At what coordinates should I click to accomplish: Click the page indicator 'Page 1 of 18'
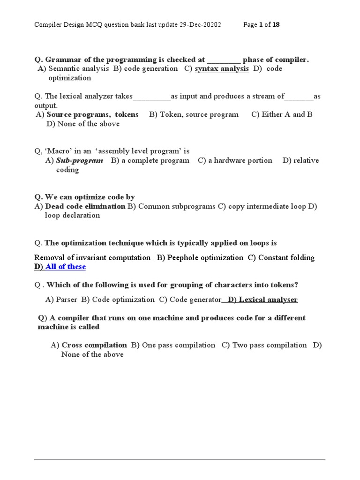(262, 25)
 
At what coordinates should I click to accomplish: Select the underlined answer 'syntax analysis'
(222, 69)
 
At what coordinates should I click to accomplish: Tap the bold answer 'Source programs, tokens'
(92, 115)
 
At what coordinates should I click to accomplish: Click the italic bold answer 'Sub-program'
(79, 161)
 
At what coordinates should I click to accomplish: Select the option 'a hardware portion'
(240, 161)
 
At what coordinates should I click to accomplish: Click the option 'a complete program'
(155, 161)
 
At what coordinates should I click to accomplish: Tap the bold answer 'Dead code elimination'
(85, 207)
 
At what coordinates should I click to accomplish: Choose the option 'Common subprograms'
(177, 207)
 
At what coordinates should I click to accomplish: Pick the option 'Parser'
(66, 300)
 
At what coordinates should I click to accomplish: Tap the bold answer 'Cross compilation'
(94, 345)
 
